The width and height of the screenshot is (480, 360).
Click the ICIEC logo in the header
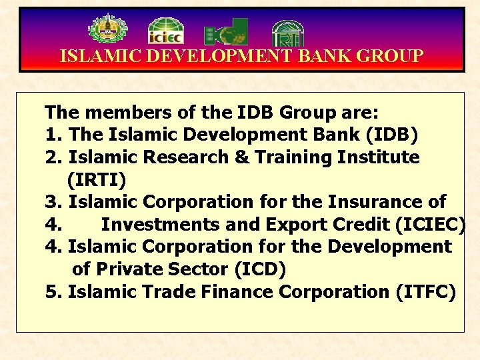[165, 31]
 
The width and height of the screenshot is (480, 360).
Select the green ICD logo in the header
[226, 31]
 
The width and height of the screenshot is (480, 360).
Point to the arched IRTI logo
[288, 32]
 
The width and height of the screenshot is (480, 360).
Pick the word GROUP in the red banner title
[390, 56]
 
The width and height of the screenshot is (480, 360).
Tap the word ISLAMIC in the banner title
[100, 56]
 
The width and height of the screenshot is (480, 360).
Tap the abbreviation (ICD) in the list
[258, 269]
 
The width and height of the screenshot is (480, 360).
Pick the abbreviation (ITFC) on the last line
[425, 292]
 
